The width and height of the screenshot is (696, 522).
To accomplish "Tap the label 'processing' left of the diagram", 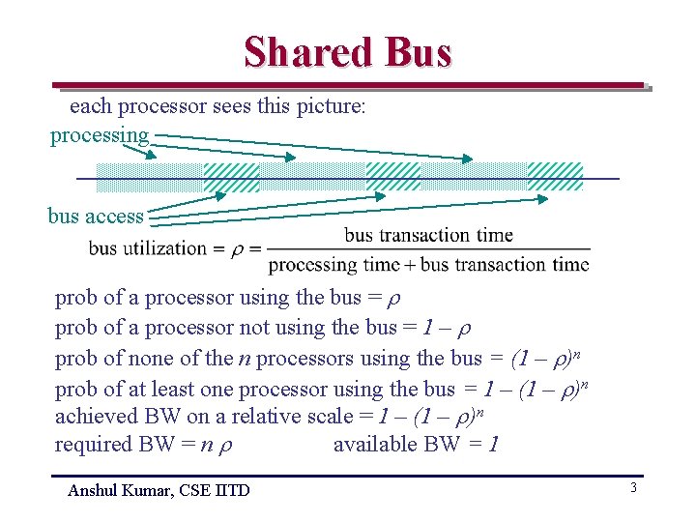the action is (x=100, y=135).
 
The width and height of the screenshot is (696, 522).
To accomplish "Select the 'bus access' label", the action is (x=95, y=216).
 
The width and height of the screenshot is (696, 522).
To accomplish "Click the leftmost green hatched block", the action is (x=232, y=178).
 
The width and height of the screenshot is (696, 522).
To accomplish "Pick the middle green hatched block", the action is (x=393, y=177).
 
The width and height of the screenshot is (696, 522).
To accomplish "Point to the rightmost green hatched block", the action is (x=555, y=177).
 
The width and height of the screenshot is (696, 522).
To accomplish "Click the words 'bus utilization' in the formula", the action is (x=147, y=248).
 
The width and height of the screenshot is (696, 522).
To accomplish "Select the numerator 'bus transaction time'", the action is (x=428, y=234).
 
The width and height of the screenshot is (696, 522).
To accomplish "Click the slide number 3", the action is (x=633, y=488).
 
